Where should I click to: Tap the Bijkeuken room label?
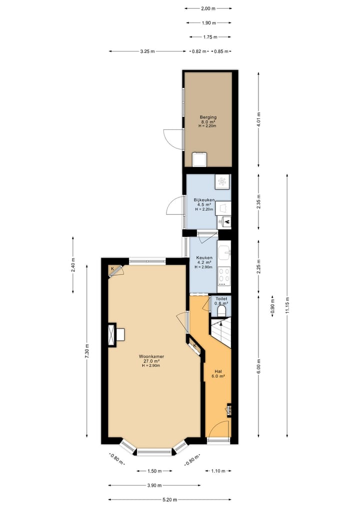(204, 200)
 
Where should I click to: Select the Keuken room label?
(204, 258)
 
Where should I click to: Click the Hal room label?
(218, 372)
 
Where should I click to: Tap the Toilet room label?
(221, 299)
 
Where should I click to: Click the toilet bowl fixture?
(222, 311)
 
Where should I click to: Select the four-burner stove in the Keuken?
(224, 275)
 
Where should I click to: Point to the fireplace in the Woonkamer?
(113, 334)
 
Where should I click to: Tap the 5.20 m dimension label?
(169, 499)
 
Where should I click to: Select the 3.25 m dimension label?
(147, 51)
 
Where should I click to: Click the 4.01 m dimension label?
(258, 120)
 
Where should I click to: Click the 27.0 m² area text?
(151, 361)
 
